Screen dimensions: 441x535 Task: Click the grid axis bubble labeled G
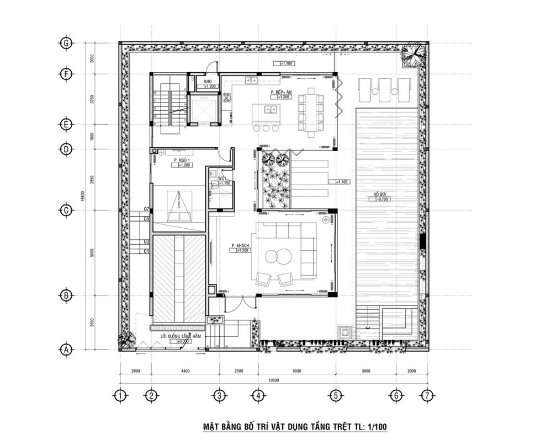click(x=66, y=43)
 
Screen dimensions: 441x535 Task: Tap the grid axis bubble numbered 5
click(x=334, y=395)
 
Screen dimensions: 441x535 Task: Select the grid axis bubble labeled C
click(x=66, y=210)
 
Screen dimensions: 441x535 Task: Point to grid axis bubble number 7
click(x=426, y=395)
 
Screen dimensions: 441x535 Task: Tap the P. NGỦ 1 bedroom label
click(x=181, y=160)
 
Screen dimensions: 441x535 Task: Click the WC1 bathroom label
click(x=222, y=179)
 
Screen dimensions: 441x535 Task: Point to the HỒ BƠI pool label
click(x=378, y=194)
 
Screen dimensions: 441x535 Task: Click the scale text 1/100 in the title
click(x=375, y=426)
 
